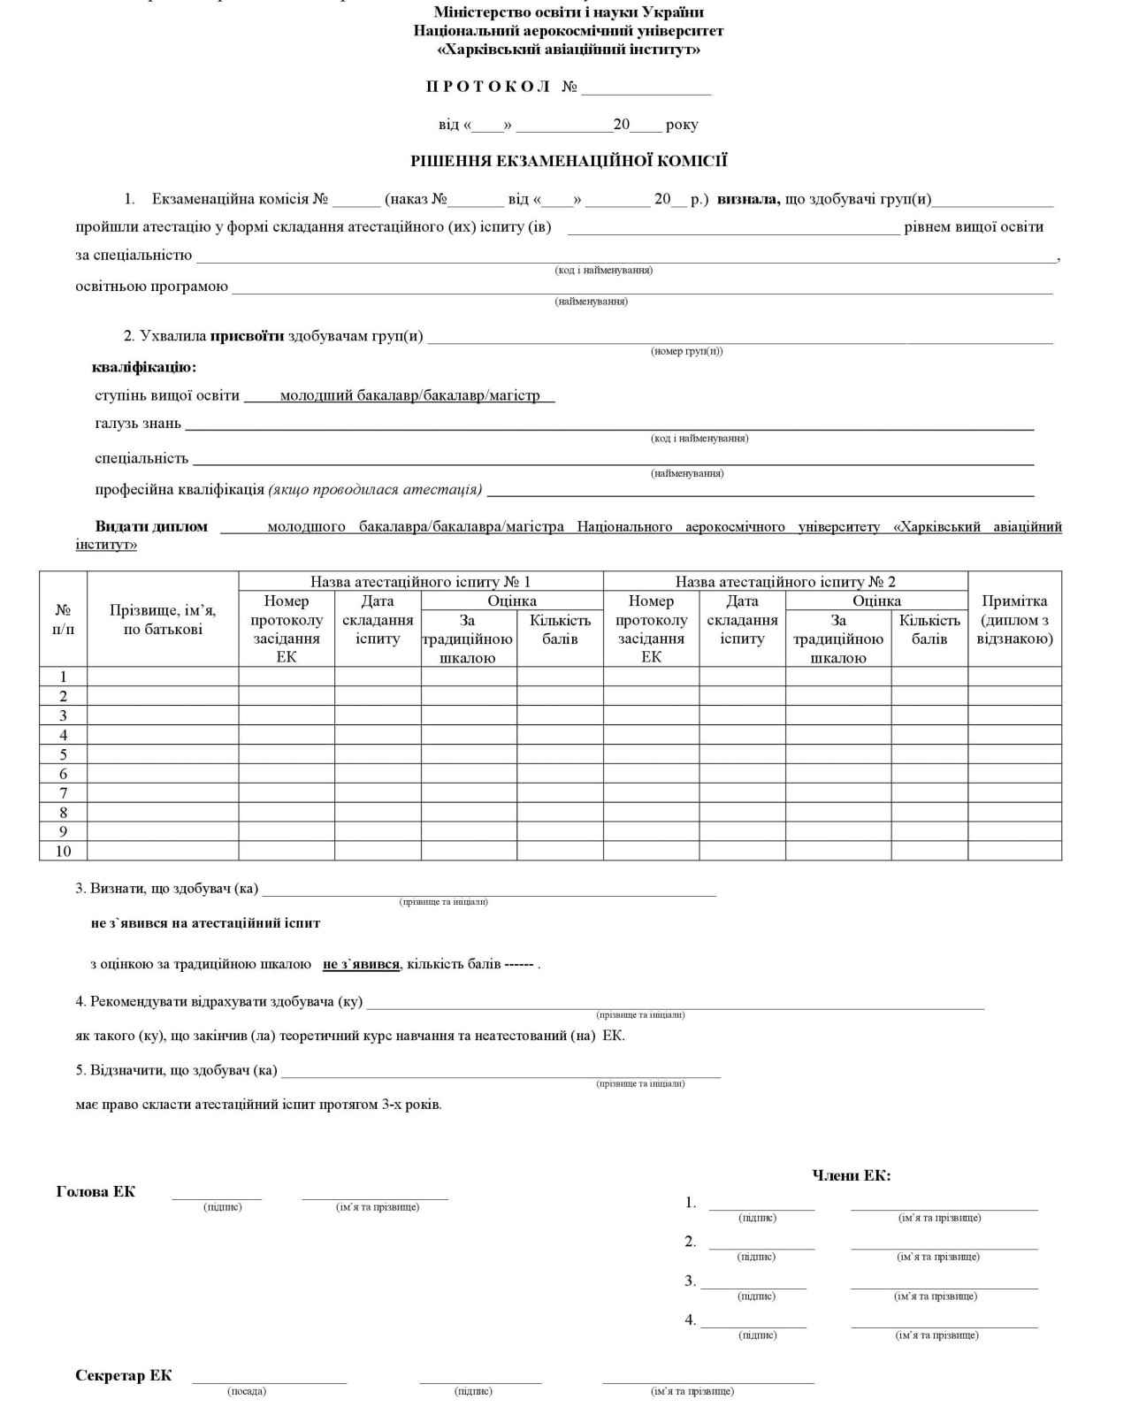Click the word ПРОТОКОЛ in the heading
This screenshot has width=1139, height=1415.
tap(488, 87)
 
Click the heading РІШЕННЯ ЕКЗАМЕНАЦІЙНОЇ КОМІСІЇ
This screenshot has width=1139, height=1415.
tap(569, 161)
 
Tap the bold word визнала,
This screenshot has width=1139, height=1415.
tap(748, 199)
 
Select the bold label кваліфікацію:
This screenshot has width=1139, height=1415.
tap(144, 367)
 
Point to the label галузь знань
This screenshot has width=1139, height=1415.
tap(138, 423)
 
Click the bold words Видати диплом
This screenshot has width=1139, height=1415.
tap(151, 526)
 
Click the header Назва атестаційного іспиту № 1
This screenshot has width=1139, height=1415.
tap(420, 581)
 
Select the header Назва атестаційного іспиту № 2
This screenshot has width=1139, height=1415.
tap(785, 581)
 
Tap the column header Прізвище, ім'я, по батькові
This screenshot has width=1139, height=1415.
tap(163, 619)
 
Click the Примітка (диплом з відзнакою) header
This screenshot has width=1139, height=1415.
tap(1014, 619)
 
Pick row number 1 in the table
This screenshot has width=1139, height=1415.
tap(63, 677)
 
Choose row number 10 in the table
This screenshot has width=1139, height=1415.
tap(63, 851)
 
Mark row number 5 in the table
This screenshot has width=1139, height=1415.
tap(63, 754)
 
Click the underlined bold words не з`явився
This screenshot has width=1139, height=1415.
tap(361, 964)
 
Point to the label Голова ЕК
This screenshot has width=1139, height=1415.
tap(96, 1191)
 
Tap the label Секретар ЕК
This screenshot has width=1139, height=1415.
tap(124, 1375)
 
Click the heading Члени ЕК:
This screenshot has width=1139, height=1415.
tap(852, 1175)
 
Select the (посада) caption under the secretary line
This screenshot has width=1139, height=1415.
tap(247, 1391)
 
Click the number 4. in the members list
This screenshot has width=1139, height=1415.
tap(691, 1319)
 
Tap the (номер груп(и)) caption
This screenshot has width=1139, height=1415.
tap(687, 351)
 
